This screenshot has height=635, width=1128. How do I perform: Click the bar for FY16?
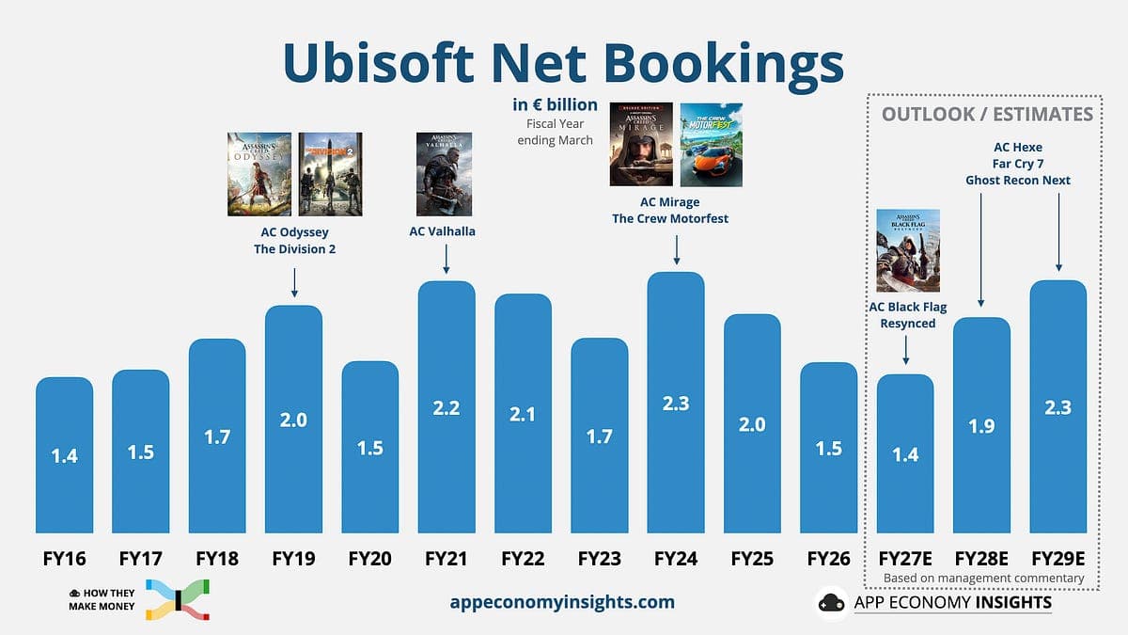[x=65, y=455]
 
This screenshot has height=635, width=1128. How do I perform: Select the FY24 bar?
[x=676, y=403]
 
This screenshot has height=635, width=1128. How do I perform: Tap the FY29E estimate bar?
[x=1058, y=406]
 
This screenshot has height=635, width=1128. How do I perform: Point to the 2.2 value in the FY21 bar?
[x=446, y=407]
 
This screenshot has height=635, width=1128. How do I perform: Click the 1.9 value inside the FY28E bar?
[x=981, y=426]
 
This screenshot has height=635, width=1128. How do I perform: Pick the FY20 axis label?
[x=370, y=559]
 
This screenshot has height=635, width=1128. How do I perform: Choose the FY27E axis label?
[x=905, y=559]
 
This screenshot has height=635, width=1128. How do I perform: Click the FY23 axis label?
[x=600, y=559]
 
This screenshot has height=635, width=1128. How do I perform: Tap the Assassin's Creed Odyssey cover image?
[x=259, y=174]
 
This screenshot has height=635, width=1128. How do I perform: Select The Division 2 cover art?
[x=330, y=174]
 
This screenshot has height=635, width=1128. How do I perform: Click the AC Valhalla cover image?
[x=444, y=174]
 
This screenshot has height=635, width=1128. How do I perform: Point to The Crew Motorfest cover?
[x=711, y=145]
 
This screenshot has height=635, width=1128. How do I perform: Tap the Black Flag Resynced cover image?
[x=908, y=250]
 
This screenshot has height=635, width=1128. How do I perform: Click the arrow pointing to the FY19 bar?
[x=294, y=283]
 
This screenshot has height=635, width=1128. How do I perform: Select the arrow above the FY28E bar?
[x=981, y=250]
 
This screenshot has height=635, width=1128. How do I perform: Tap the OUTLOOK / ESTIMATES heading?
[x=988, y=115]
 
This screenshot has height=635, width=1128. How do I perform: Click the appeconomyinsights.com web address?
[x=562, y=602]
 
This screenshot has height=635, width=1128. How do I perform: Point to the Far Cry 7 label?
[x=1018, y=164]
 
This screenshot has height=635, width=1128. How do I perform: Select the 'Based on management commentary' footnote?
[x=983, y=578]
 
